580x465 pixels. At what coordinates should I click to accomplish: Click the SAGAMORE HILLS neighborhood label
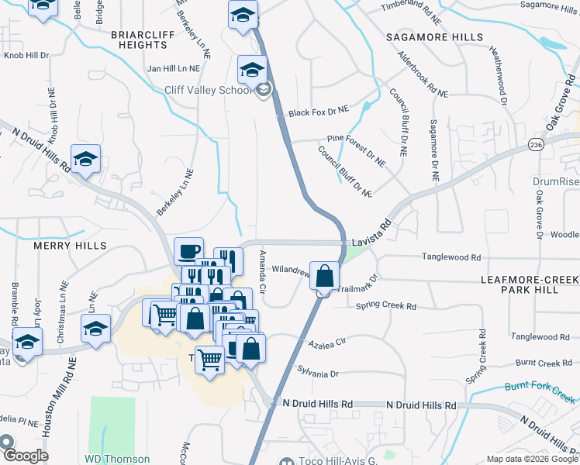point(437,37)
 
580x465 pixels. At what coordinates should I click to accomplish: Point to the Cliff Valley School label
point(209,90)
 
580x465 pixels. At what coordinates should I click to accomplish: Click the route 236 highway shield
point(536,145)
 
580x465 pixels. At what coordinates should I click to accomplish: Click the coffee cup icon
point(188,251)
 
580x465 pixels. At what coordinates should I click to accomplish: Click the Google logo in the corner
point(24,455)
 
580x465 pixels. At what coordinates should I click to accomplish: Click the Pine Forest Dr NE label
point(356,150)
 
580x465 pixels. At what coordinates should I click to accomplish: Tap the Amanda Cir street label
point(263,272)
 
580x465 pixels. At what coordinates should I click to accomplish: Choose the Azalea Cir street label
point(326,341)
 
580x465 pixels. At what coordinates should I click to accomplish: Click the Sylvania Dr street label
point(318,374)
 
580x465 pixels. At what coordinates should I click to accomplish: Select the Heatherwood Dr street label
point(497,74)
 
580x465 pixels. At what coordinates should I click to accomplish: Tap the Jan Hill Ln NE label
point(173,69)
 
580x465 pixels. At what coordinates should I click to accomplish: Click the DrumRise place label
point(556,181)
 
